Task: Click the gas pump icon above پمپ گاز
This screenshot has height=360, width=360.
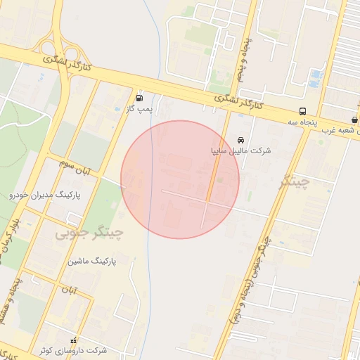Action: [139, 98]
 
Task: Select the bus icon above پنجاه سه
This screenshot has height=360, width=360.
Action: [302, 111]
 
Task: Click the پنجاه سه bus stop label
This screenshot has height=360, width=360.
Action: [302, 122]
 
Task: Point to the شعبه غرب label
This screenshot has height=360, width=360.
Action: [340, 130]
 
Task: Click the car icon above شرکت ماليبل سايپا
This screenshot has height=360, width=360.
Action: [241, 139]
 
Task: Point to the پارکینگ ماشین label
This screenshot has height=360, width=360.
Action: [91, 261]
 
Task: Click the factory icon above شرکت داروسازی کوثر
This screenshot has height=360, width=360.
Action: [73, 340]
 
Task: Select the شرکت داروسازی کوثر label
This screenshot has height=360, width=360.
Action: [73, 350]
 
